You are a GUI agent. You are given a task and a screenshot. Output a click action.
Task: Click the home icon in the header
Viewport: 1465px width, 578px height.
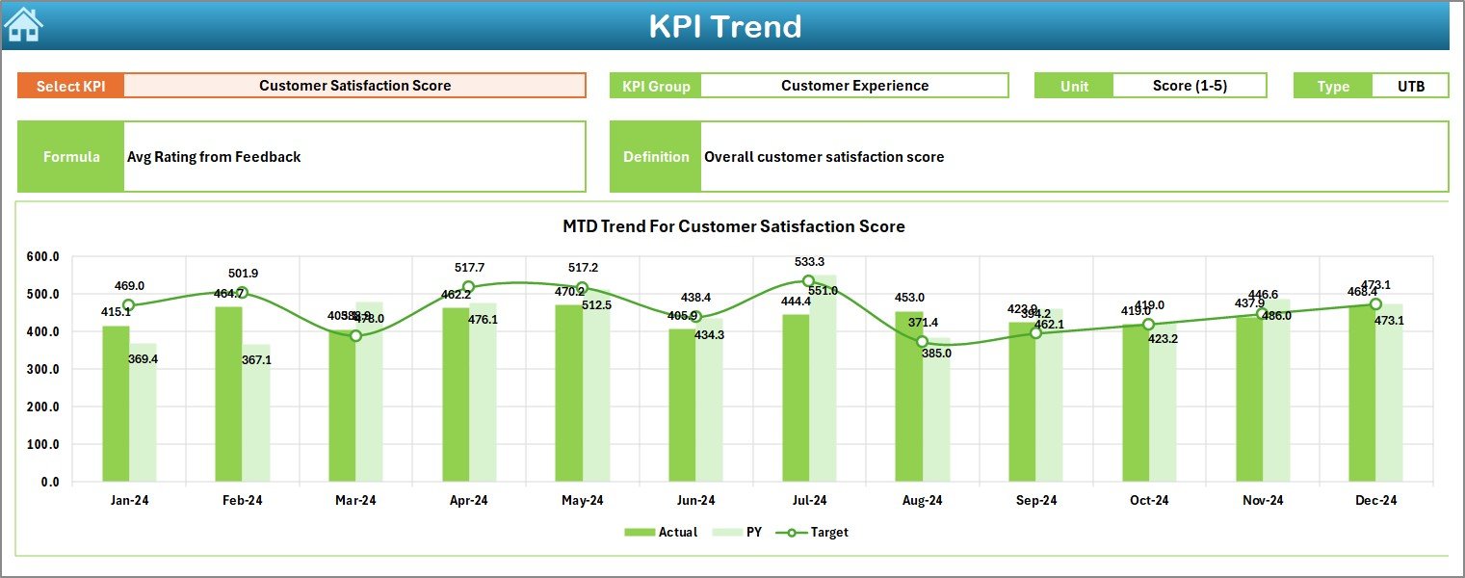(x=23, y=25)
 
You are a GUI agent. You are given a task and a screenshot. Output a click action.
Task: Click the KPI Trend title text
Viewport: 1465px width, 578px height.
(x=724, y=26)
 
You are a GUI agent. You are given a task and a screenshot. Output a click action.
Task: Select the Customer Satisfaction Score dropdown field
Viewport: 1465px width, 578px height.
(x=354, y=86)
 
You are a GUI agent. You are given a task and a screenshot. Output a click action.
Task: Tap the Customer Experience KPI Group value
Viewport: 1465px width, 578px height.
(x=854, y=86)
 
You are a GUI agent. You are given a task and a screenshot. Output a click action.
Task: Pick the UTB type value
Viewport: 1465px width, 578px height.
(x=1410, y=86)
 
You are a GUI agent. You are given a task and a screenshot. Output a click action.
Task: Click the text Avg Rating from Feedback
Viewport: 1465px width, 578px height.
(x=214, y=157)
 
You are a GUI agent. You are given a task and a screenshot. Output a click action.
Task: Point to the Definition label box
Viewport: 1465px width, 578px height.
(x=656, y=157)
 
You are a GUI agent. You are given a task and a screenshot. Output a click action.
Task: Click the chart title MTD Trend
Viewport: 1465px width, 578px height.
(x=733, y=226)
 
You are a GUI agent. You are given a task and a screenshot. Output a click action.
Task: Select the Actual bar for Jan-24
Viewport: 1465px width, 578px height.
(x=116, y=405)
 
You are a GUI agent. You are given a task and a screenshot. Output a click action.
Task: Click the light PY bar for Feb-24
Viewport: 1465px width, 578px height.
(x=256, y=414)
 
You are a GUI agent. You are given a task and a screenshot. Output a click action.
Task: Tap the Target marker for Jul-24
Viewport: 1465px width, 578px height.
(x=808, y=281)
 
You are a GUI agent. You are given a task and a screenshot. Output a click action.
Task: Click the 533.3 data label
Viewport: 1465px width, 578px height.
(x=808, y=262)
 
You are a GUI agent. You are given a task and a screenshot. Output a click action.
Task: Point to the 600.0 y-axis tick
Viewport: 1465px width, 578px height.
(x=42, y=257)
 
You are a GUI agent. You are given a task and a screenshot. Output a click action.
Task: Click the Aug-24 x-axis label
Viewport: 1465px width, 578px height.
(x=922, y=501)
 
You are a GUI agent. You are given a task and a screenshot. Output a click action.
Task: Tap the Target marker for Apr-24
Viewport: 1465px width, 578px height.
(x=468, y=287)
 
